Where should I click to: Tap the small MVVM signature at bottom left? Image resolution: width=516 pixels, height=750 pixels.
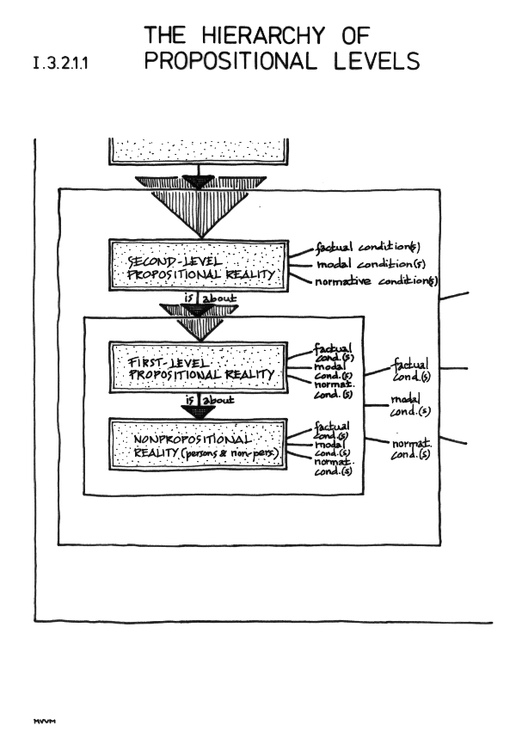(42, 721)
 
